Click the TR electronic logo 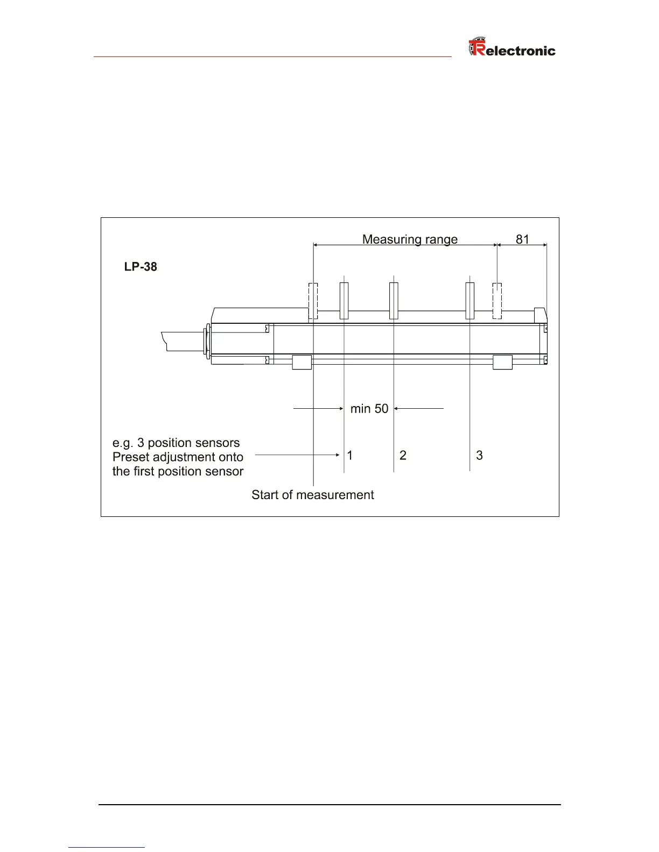pyautogui.click(x=512, y=47)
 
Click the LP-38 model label pyautogui.click(x=141, y=267)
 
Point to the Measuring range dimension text pyautogui.click(x=410, y=239)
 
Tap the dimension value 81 pyautogui.click(x=522, y=239)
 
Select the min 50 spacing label pyautogui.click(x=369, y=409)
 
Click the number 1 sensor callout pyautogui.click(x=350, y=455)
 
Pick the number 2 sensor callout pyautogui.click(x=403, y=455)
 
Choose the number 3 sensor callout pyautogui.click(x=479, y=455)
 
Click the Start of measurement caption pyautogui.click(x=312, y=495)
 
